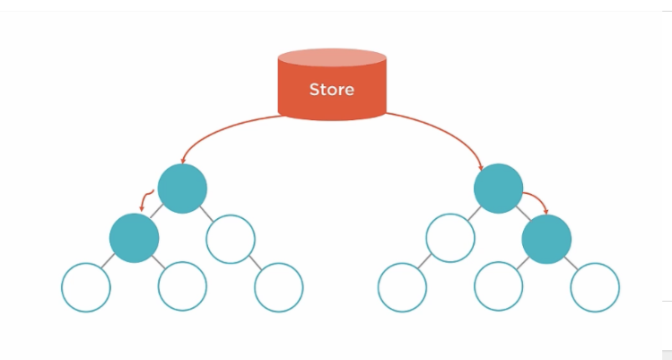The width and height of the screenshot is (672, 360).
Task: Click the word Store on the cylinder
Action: click(331, 90)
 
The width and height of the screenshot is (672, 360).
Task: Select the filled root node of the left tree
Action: click(182, 189)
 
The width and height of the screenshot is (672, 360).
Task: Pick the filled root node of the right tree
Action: click(498, 189)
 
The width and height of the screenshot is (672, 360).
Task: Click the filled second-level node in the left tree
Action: click(134, 238)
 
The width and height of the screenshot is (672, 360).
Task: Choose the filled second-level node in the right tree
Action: click(546, 238)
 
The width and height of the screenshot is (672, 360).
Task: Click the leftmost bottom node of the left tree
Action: click(85, 287)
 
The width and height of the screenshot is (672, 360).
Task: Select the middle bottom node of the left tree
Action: click(182, 287)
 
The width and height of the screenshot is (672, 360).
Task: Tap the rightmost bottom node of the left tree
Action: click(279, 287)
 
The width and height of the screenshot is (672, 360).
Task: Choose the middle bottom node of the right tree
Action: click(498, 287)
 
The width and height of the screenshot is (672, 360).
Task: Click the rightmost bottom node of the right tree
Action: click(595, 287)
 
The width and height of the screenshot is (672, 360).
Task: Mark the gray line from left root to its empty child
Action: click(206, 214)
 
